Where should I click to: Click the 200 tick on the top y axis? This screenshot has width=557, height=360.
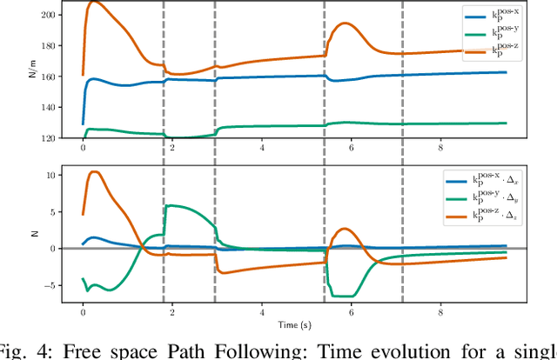point(49,16)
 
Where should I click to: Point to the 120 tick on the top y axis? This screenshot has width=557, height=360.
point(49,138)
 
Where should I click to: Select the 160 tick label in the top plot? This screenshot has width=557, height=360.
point(49,77)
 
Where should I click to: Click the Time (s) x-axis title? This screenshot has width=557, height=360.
point(293,323)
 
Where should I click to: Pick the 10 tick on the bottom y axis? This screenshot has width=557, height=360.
point(50,175)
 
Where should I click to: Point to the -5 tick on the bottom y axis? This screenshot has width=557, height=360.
point(50,285)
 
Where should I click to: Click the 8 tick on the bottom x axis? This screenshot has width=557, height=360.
point(441,311)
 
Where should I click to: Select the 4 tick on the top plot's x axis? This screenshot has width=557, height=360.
point(262,148)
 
